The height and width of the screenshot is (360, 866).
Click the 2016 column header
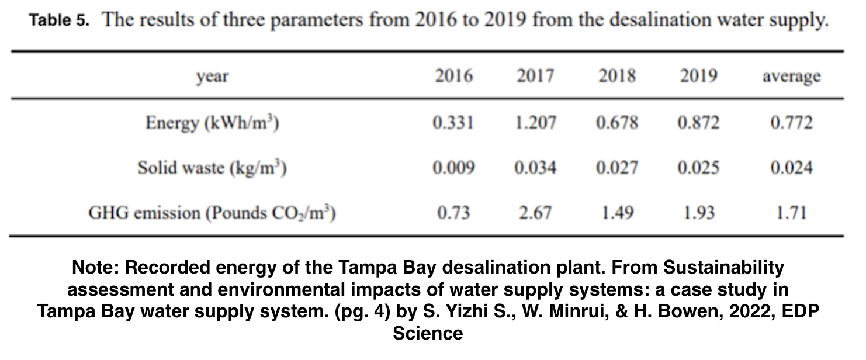click(x=453, y=77)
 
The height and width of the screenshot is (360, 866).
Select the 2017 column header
click(x=535, y=77)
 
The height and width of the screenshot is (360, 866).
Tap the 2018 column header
click(x=617, y=77)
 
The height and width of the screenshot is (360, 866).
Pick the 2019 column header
click(x=698, y=77)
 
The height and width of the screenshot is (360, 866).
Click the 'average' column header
click(x=791, y=77)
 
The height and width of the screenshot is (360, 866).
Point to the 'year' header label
click(x=212, y=77)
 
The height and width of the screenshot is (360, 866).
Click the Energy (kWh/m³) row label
click(x=212, y=123)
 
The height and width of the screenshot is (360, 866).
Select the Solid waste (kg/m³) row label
click(x=212, y=168)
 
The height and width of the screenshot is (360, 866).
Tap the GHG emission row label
click(x=212, y=213)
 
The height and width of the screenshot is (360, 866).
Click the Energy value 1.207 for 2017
click(x=535, y=123)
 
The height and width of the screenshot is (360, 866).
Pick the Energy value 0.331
click(x=453, y=123)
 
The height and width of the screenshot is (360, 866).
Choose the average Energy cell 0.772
click(x=791, y=123)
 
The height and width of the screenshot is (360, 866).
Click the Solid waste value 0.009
click(x=453, y=168)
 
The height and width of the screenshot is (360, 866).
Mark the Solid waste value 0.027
click(x=617, y=168)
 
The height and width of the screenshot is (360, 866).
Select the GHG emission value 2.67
click(x=535, y=213)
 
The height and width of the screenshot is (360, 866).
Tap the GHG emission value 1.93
click(x=698, y=213)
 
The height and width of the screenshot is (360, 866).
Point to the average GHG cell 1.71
click(x=791, y=213)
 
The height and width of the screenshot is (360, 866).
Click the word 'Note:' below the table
click(x=96, y=268)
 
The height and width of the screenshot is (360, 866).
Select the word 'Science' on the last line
click(x=428, y=334)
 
